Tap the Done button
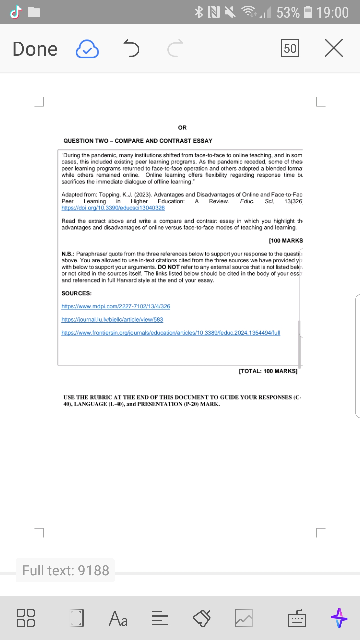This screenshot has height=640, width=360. [35, 49]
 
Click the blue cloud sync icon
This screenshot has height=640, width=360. [87, 49]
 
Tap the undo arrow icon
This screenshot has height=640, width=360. [131, 48]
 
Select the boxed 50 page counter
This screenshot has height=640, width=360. [290, 48]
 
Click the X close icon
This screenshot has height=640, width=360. [334, 48]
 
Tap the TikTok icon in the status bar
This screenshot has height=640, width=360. [16, 12]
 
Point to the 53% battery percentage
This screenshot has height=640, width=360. [288, 13]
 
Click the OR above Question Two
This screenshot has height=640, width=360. [182, 128]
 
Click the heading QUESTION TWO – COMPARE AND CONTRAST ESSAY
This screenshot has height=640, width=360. [138, 141]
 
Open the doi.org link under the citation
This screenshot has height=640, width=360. [113, 208]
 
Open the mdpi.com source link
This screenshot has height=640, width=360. [116, 306]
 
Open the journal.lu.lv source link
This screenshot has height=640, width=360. [112, 320]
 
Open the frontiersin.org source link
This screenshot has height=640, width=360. [171, 333]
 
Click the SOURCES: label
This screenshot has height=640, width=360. [76, 293]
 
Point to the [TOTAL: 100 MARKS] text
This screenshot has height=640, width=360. [268, 371]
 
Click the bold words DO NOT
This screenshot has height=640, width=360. [169, 267]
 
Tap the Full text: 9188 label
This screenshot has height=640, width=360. [66, 570]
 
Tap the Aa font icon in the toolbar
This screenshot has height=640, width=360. [118, 618]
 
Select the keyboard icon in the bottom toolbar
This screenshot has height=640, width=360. [297, 618]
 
